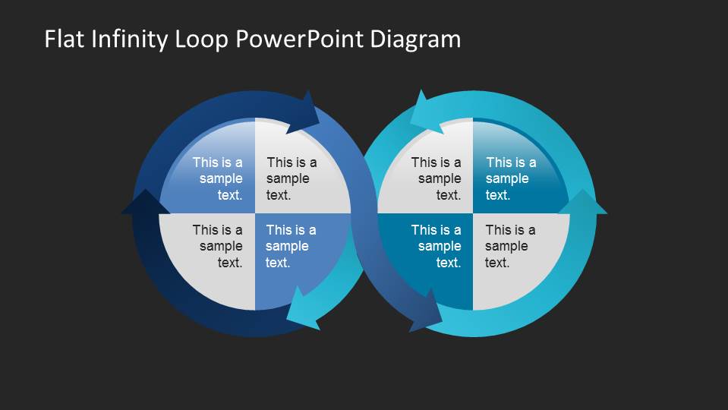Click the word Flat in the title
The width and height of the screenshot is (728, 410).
coord(63,39)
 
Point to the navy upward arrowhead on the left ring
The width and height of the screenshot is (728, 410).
coord(145,202)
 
